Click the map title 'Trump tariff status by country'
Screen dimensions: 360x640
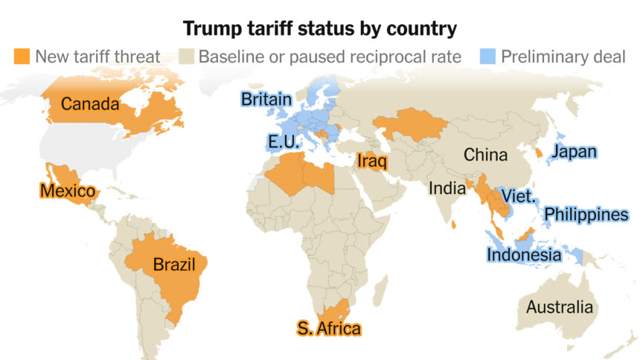[x=319, y=29]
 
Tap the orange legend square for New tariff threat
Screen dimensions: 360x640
[x=22, y=57]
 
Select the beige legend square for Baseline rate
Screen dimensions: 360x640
[x=187, y=57]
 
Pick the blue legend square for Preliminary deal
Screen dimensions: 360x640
[x=488, y=57]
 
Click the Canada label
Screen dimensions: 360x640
[x=90, y=104]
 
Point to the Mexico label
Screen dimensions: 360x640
[x=67, y=191]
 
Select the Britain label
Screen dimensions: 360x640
[x=265, y=99]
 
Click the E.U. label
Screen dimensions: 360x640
[x=284, y=143]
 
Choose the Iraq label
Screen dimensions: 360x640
[x=370, y=161]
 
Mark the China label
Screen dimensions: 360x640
[x=485, y=155]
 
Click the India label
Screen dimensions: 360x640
[x=447, y=189]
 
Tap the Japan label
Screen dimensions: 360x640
[x=573, y=152]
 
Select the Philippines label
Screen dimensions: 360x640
[x=586, y=215]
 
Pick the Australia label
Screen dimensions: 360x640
[x=560, y=307]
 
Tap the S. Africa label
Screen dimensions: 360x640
[x=328, y=328]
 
